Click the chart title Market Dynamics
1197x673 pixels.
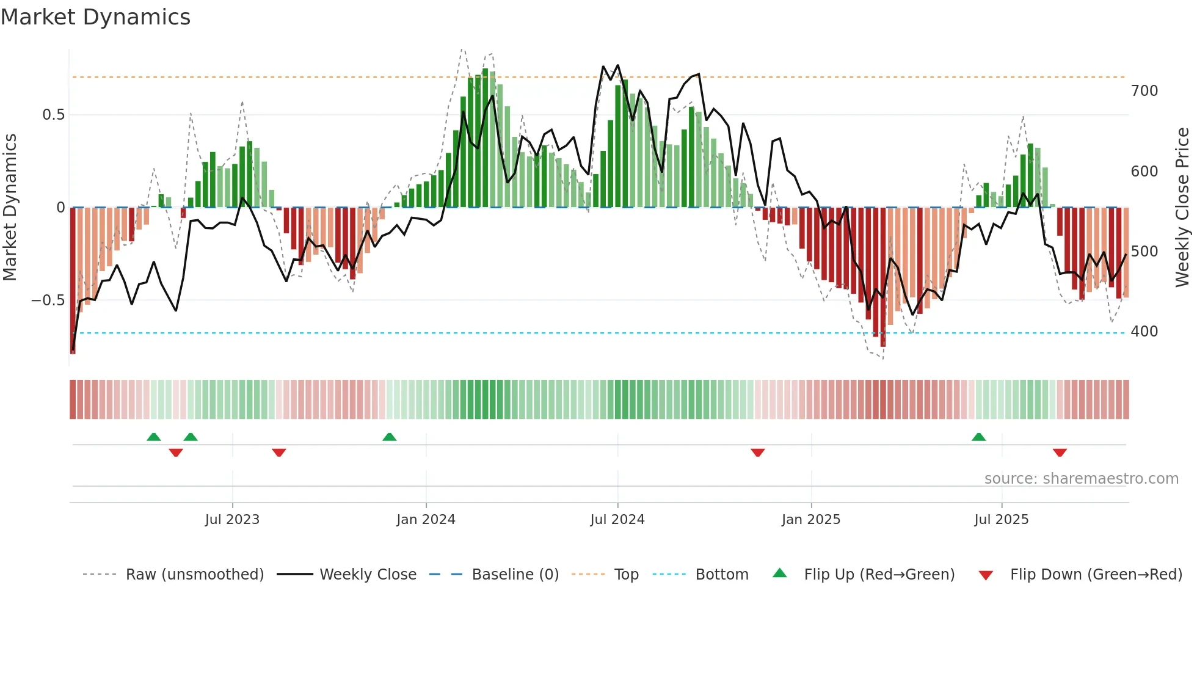[96, 17]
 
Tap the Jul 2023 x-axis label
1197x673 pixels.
[232, 520]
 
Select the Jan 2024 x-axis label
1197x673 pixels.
[426, 520]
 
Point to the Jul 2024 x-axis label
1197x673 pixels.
[617, 520]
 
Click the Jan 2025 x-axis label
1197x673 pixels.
[811, 520]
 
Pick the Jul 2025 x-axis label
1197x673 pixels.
[1002, 520]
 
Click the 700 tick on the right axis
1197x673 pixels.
[1144, 91]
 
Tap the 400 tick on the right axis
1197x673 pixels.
[1144, 332]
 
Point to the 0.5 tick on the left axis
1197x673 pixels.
[53, 115]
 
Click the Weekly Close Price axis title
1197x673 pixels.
[1182, 208]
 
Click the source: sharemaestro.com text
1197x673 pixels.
[1081, 479]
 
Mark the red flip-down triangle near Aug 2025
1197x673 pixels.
[1060, 453]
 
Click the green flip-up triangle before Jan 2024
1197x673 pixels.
[390, 437]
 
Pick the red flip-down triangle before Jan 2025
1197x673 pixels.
[758, 453]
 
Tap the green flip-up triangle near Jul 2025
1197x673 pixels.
[979, 437]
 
